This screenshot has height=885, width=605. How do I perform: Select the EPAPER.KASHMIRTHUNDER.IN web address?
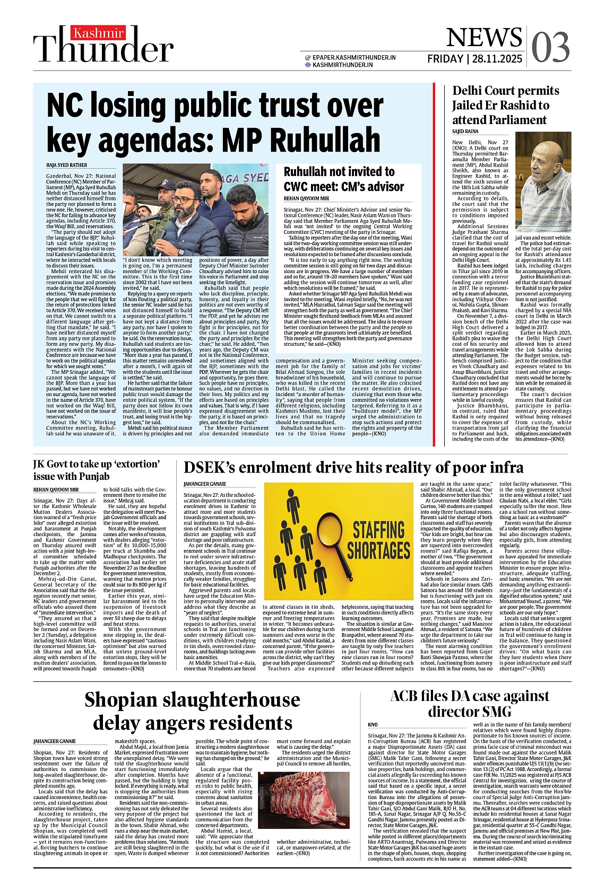click(354, 57)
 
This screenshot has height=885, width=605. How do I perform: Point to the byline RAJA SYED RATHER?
click(66, 165)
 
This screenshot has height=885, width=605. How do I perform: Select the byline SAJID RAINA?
click(465, 132)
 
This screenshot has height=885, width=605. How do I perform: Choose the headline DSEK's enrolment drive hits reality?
click(353, 467)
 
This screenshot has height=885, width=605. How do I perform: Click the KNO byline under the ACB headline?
click(373, 725)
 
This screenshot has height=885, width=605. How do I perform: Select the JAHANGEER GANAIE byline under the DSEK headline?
click(205, 484)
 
